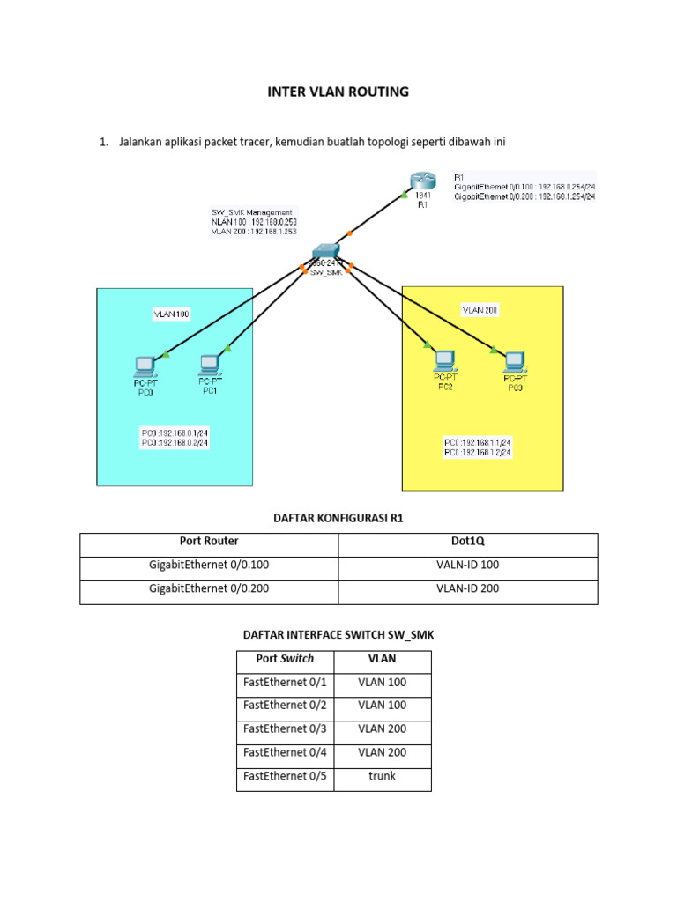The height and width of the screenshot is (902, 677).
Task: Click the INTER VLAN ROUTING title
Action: [x=338, y=92]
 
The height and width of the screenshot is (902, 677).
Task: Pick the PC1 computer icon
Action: [x=210, y=364]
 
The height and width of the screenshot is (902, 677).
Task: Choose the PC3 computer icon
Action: [x=515, y=359]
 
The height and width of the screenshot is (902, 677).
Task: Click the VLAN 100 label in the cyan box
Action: [x=171, y=314]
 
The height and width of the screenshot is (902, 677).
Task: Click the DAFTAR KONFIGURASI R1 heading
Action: [x=338, y=518]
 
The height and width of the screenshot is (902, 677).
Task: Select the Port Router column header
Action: [x=209, y=542]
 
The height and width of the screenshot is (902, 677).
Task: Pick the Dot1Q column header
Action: [x=467, y=542]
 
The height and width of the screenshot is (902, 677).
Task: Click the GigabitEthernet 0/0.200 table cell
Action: [x=209, y=588]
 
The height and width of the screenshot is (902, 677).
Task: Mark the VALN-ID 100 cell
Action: [x=467, y=565]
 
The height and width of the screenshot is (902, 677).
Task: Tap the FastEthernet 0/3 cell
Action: [x=285, y=728]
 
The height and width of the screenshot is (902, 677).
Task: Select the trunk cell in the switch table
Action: [x=383, y=776]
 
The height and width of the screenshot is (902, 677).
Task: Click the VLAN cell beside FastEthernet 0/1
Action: [x=383, y=681]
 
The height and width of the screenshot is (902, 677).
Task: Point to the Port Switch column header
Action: [x=285, y=658]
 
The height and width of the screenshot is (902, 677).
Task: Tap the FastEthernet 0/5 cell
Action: [x=285, y=776]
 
